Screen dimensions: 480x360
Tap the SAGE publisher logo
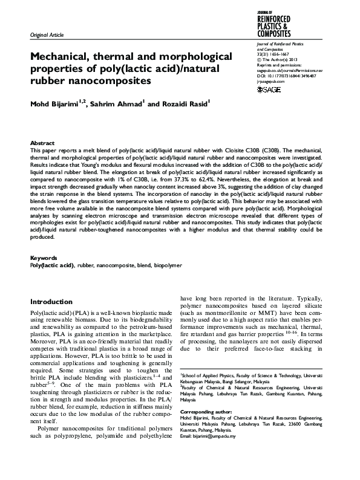[269, 90]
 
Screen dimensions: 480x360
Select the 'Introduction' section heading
[51, 301]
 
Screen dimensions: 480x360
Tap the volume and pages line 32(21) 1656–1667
[274, 54]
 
